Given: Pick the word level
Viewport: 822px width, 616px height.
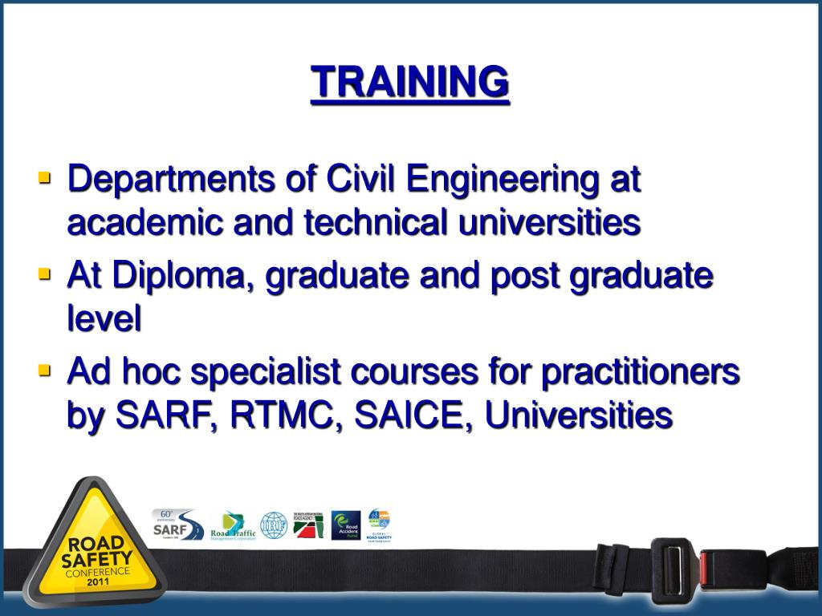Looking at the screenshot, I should (104, 319).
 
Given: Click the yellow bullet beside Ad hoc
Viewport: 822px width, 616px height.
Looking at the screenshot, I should (44, 370).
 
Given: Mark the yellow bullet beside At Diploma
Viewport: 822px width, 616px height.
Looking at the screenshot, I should (44, 274).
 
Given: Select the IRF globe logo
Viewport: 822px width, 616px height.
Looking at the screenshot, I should (274, 525).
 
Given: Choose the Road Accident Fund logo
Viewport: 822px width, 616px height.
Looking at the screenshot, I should (346, 525).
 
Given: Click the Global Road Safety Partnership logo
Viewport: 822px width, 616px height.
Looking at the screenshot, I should (379, 525).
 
